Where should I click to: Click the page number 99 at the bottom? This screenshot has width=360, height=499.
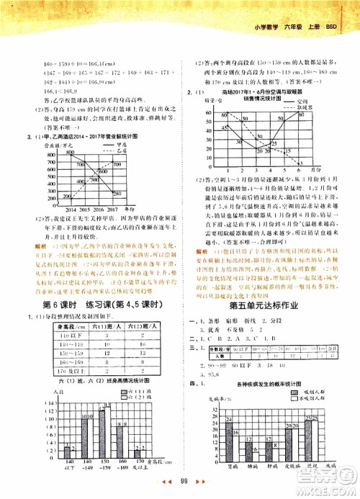184,481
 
